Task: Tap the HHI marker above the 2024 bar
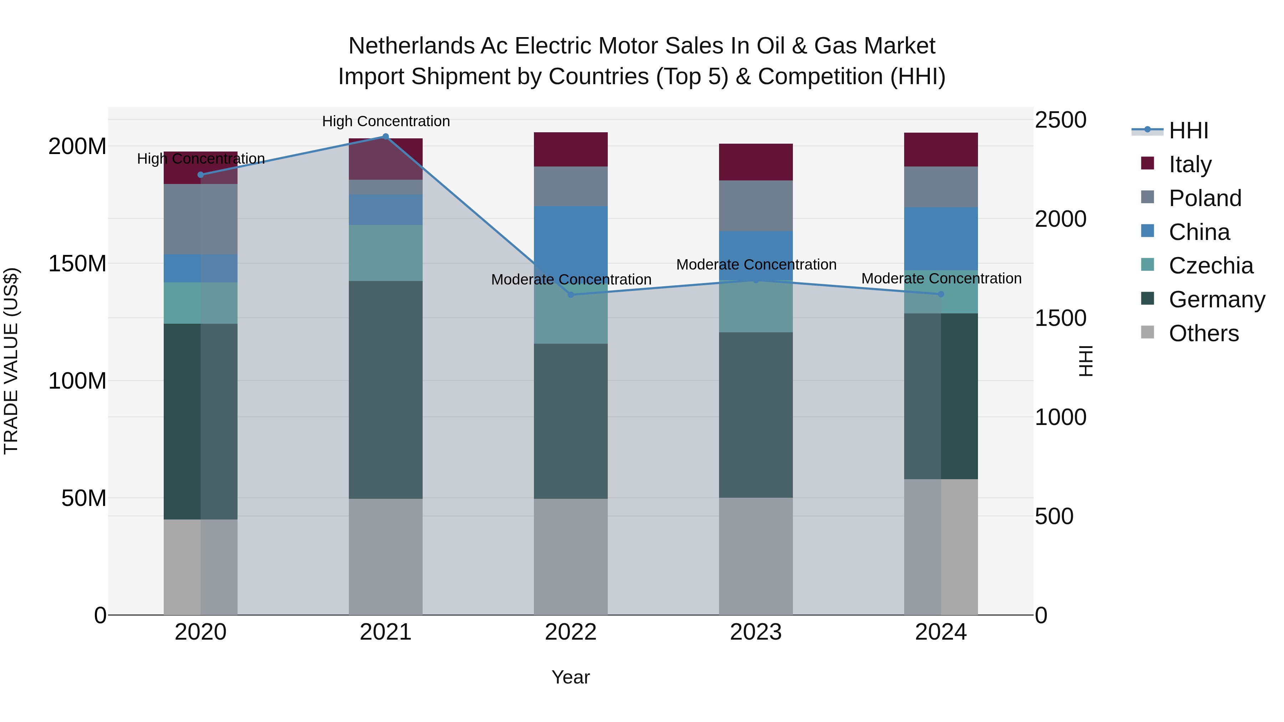pyautogui.click(x=941, y=294)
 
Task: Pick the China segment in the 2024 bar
pyautogui.click(x=941, y=239)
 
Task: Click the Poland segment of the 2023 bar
pyautogui.click(x=756, y=205)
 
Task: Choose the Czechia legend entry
pyautogui.click(x=1211, y=266)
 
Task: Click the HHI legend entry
pyautogui.click(x=1188, y=130)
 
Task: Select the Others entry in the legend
pyautogui.click(x=1203, y=333)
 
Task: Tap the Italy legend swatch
pyautogui.click(x=1147, y=163)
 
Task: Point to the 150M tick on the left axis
pyautogui.click(x=77, y=263)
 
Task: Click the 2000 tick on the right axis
pyautogui.click(x=1060, y=219)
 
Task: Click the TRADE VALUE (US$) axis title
pyautogui.click(x=11, y=361)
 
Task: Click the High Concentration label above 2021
pyautogui.click(x=386, y=121)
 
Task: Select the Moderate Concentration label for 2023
pyautogui.click(x=756, y=265)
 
